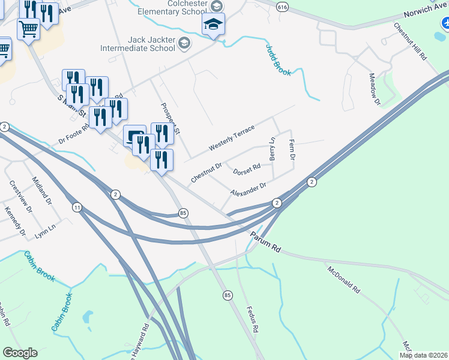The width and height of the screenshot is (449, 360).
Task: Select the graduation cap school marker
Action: [x=212, y=25]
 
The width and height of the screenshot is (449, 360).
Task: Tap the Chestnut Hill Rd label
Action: [x=410, y=43]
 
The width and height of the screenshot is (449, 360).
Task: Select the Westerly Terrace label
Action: [x=232, y=139]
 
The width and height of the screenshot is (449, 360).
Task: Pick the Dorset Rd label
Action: [x=246, y=169]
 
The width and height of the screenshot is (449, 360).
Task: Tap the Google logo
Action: [x=20, y=353]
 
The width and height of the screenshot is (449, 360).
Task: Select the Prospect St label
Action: [x=170, y=119]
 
